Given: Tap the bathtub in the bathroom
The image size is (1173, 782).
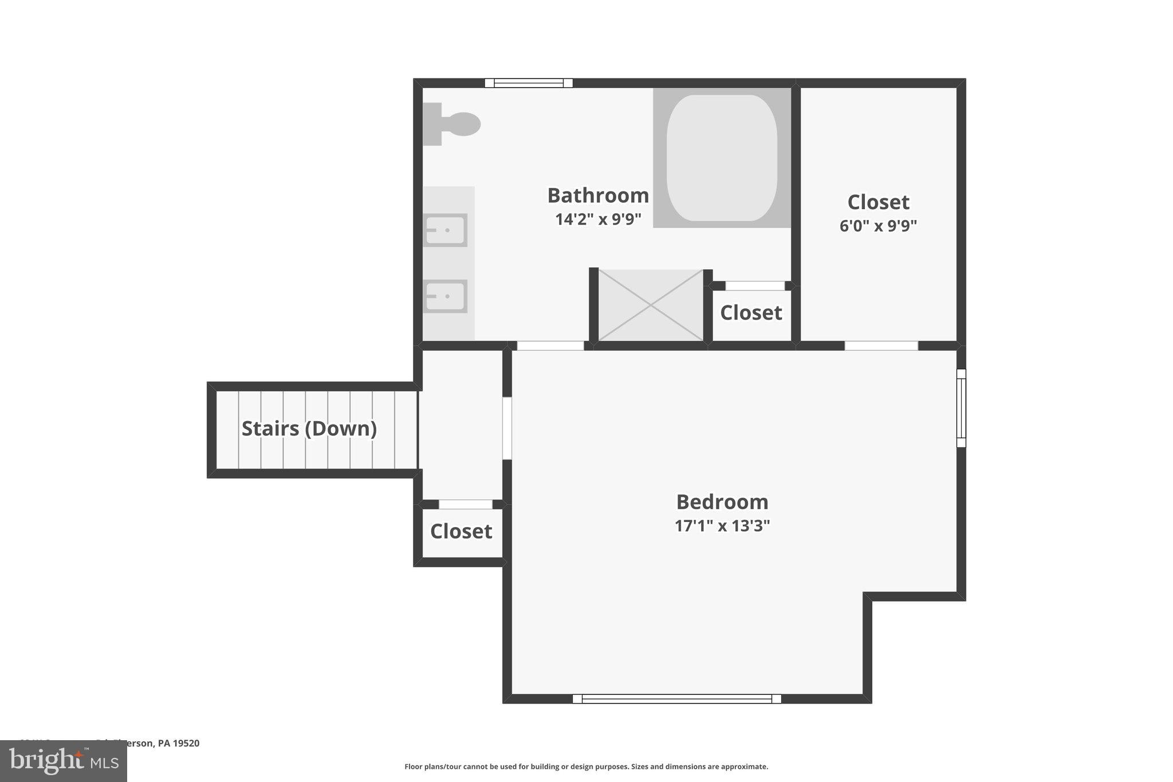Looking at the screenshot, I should [x=722, y=158].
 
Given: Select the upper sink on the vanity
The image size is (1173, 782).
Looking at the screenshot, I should [x=446, y=230].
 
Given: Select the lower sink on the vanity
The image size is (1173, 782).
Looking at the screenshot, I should [x=446, y=296].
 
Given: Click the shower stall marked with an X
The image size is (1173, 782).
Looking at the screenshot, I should [x=651, y=305].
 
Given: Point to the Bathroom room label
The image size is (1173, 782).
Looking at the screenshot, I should [x=598, y=195].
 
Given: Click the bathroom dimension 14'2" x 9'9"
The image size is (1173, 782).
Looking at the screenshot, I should [x=598, y=219].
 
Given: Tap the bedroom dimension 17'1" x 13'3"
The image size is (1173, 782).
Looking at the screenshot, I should [x=722, y=526].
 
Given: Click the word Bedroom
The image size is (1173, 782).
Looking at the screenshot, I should [x=722, y=502].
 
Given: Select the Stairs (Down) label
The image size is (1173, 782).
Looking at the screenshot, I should [x=309, y=429].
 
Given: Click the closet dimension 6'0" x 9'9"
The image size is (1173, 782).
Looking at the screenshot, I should [x=878, y=226].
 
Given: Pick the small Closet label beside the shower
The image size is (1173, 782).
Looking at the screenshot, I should [x=751, y=313].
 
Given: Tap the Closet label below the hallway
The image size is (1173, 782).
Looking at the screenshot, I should [x=461, y=532].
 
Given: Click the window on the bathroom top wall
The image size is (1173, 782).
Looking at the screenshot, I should [x=529, y=83].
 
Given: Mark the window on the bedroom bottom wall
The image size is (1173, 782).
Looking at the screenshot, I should [x=676, y=698].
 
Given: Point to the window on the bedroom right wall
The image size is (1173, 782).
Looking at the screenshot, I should [x=961, y=408].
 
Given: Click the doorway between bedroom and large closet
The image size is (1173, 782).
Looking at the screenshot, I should [x=881, y=345].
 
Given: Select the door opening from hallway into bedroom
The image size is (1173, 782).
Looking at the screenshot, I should [x=507, y=428].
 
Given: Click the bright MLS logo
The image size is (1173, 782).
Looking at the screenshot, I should [x=64, y=761].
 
